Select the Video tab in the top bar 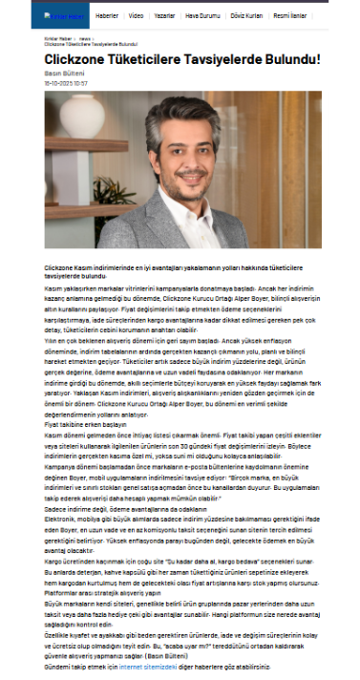(137, 15)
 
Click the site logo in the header (63, 15)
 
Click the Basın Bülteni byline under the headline (61, 74)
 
